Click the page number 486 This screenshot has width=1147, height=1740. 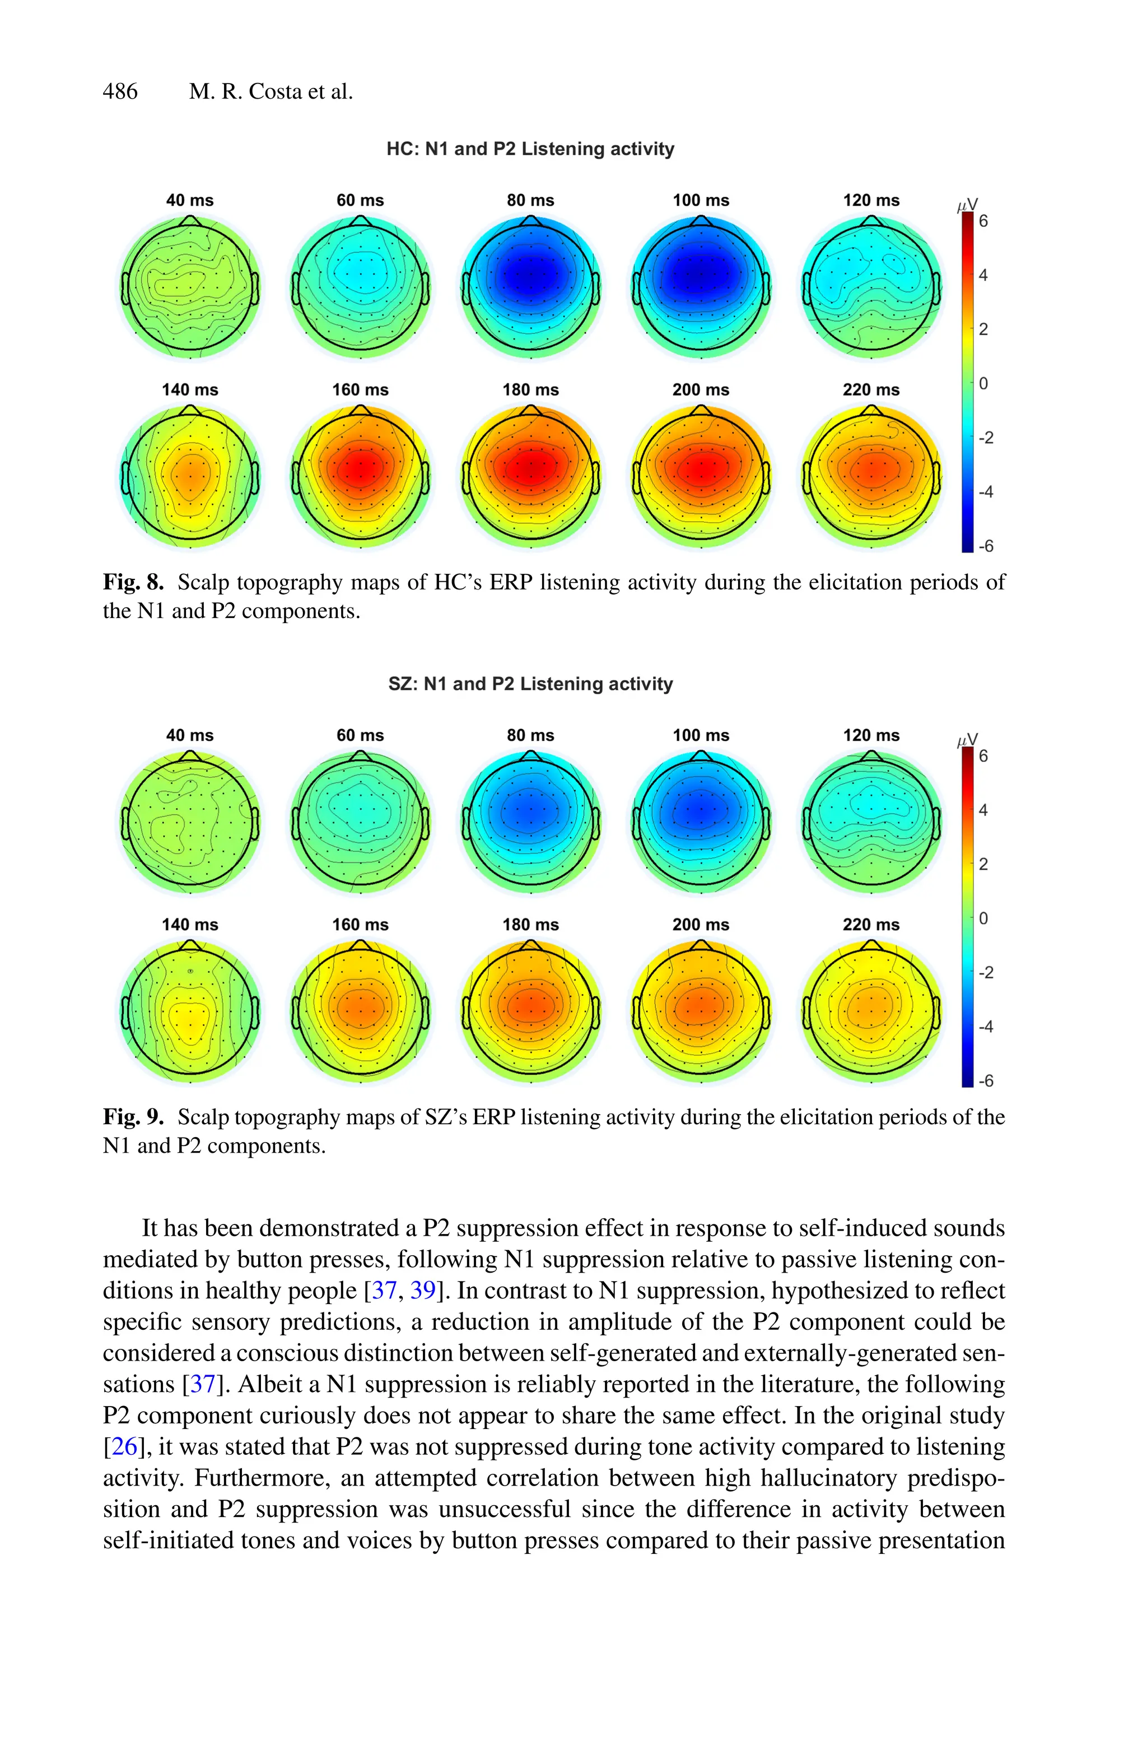[x=120, y=92]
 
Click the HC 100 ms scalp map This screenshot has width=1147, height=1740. [x=701, y=287]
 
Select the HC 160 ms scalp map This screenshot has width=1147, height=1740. [x=360, y=476]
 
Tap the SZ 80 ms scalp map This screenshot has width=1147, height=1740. [x=530, y=822]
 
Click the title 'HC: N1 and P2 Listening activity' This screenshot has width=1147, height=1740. [x=530, y=149]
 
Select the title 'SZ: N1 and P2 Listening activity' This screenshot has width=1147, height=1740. [x=530, y=684]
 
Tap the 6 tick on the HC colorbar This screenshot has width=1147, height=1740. [x=983, y=221]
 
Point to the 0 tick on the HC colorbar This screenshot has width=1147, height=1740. [x=983, y=383]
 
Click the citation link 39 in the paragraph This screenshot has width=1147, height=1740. [x=423, y=1290]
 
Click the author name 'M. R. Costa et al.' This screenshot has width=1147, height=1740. [x=271, y=92]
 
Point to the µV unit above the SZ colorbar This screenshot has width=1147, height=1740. [x=967, y=740]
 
